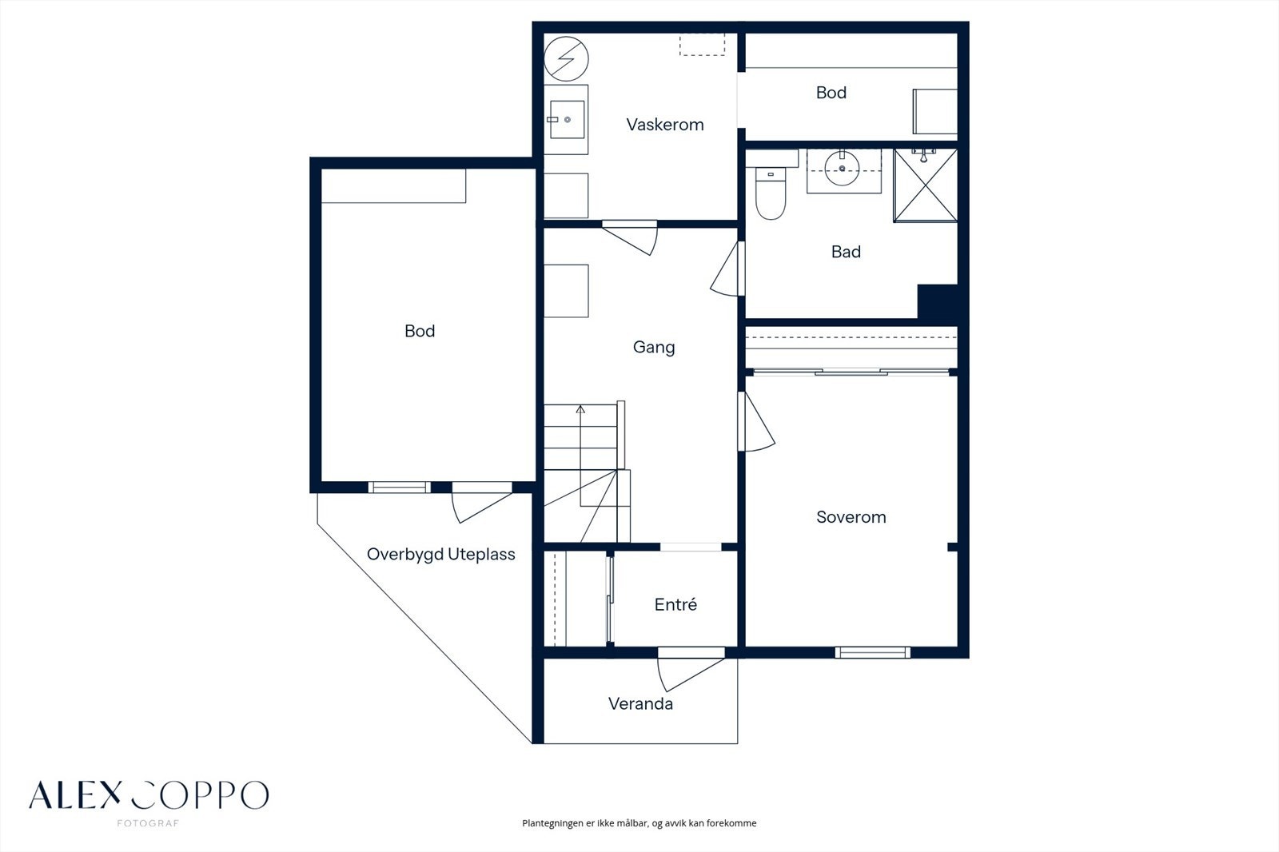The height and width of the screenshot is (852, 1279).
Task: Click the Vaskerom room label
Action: [x=664, y=125]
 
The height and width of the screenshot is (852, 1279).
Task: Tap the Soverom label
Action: [x=851, y=517]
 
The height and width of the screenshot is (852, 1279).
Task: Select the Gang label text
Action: [x=654, y=347]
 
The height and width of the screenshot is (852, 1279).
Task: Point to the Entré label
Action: [x=675, y=604]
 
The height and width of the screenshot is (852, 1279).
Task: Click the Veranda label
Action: [x=640, y=703]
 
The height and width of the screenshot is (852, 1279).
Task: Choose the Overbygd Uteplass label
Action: [x=440, y=555]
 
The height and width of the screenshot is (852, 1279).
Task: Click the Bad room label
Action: [x=846, y=252]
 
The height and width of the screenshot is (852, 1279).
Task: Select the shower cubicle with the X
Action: [x=925, y=185]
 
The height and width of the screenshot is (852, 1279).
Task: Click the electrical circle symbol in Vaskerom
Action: [x=566, y=59]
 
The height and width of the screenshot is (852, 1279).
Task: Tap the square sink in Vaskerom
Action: [x=567, y=119]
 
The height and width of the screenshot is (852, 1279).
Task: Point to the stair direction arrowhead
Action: [x=580, y=409]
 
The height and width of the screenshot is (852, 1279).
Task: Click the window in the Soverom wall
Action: [x=872, y=652]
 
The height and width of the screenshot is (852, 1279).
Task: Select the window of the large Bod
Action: [x=399, y=487]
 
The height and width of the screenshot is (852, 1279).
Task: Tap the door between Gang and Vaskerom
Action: [x=630, y=237]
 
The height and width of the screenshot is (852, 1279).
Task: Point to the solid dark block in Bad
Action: [x=938, y=301]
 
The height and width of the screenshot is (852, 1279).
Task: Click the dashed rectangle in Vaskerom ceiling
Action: [x=703, y=45]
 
